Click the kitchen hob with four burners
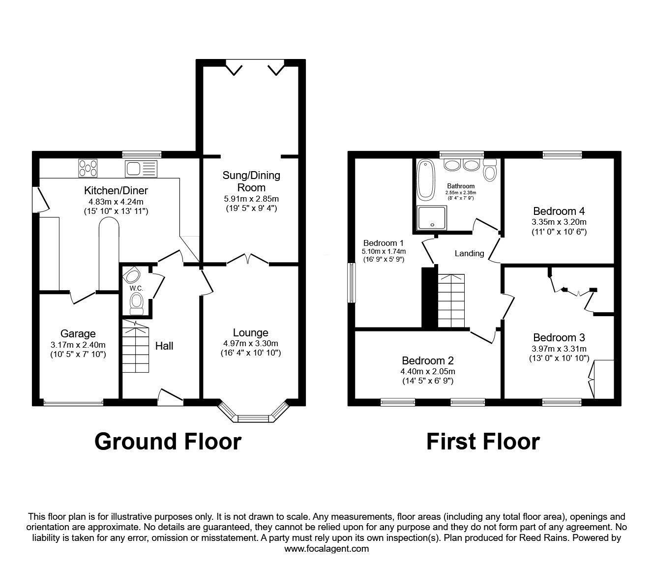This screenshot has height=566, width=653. (88, 168)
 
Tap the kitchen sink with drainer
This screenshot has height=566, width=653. (141, 168)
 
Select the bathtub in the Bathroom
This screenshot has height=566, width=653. (424, 180)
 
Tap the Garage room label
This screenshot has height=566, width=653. (78, 334)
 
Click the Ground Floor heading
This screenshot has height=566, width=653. (168, 441)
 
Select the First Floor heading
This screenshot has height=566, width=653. (482, 441)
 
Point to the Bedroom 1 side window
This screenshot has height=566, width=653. (352, 283)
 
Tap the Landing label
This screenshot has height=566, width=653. (469, 254)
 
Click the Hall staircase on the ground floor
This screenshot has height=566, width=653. (135, 347)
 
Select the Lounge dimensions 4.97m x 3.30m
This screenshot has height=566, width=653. (251, 343)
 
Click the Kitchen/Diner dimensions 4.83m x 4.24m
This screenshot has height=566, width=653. (116, 201)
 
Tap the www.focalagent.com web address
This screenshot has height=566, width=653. (326, 548)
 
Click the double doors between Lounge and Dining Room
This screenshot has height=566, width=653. (248, 259)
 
